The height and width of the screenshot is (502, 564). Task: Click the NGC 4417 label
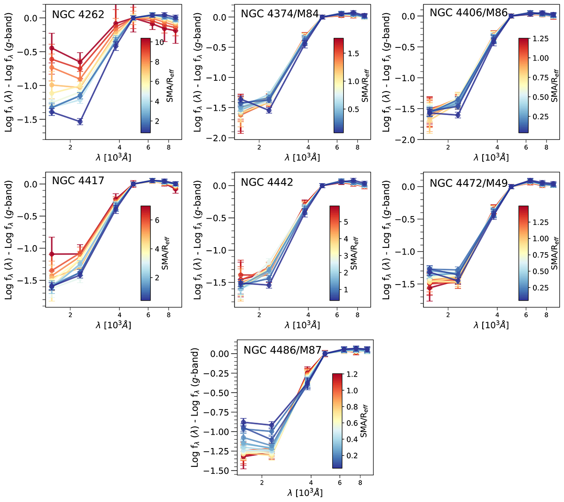click(78, 180)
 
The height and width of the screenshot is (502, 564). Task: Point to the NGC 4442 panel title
click(267, 182)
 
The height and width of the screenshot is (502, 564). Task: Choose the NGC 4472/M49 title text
click(469, 183)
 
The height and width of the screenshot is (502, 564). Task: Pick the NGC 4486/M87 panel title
click(282, 350)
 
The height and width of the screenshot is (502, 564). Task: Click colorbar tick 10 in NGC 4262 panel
click(159, 42)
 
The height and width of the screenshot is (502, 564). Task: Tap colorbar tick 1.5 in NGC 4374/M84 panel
click(353, 54)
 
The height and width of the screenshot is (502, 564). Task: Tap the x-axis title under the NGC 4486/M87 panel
click(304, 493)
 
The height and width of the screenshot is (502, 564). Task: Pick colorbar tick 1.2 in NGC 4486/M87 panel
click(352, 374)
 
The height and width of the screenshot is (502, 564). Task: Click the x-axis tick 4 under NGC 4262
click(119, 146)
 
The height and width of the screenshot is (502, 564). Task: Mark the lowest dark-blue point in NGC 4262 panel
click(80, 122)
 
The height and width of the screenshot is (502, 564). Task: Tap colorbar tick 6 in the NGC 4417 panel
click(157, 220)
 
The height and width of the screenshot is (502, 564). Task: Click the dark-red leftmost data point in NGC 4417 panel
click(51, 254)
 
